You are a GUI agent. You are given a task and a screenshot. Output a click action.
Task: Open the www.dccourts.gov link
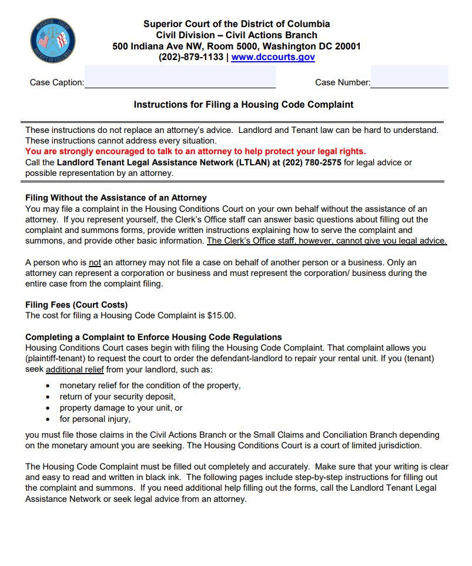pyautogui.click(x=273, y=57)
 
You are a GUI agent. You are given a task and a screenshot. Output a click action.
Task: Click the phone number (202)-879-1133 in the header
pyautogui.click(x=190, y=57)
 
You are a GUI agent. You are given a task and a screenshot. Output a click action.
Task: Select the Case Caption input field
pyautogui.click(x=180, y=77)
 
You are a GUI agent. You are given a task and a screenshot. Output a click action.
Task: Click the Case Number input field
pyautogui.click(x=409, y=77)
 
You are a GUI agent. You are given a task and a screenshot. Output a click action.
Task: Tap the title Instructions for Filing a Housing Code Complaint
pyautogui.click(x=243, y=105)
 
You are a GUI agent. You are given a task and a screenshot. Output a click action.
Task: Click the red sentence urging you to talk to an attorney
pyautogui.click(x=195, y=151)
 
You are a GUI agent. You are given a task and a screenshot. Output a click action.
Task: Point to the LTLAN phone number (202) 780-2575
pyautogui.click(x=312, y=162)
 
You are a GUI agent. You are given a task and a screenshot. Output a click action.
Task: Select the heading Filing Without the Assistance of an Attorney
pyautogui.click(x=116, y=198)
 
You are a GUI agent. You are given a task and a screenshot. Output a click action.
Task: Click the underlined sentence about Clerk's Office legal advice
pyautogui.click(x=326, y=241)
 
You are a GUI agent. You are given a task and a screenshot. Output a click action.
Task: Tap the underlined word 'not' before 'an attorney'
pyautogui.click(x=95, y=262)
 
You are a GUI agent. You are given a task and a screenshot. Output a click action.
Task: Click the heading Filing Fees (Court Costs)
pyautogui.click(x=76, y=305)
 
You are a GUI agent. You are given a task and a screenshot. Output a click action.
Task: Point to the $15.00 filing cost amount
pyautogui.click(x=220, y=315)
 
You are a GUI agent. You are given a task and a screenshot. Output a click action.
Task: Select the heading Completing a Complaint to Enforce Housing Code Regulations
pyautogui.click(x=153, y=337)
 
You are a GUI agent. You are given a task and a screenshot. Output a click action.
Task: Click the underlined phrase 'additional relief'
pyautogui.click(x=75, y=369)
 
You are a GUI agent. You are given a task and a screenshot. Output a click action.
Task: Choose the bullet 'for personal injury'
pyautogui.click(x=95, y=419)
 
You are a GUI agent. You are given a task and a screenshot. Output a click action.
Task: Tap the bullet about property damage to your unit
pyautogui.click(x=120, y=408)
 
